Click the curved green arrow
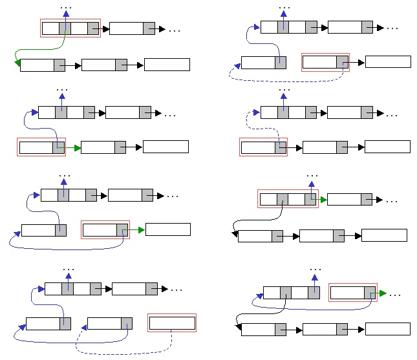pos(39,49)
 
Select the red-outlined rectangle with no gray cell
pos(172,323)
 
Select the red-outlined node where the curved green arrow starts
pos(70,28)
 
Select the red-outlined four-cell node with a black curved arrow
pos(287,199)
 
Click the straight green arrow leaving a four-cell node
pos(321,199)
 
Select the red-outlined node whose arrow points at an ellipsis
pos(352,293)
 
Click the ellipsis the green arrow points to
pos(394,295)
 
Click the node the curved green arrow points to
pos(43,65)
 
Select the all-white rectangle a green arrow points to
pos(168,229)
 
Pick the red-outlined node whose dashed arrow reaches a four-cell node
pos(262,147)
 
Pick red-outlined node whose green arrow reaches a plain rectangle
pos(104,229)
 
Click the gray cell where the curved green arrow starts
pos(64,28)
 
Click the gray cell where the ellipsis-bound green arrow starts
pos(369,293)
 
